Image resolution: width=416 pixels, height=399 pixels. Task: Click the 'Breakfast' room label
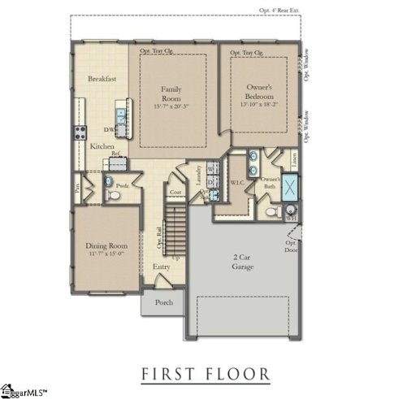pyautogui.click(x=103, y=79)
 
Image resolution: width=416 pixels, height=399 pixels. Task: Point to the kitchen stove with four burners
pyautogui.click(x=80, y=133)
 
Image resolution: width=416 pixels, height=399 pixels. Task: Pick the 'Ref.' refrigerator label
pyautogui.click(x=115, y=154)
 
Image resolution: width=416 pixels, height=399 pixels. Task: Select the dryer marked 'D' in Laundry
pyautogui.click(x=210, y=183)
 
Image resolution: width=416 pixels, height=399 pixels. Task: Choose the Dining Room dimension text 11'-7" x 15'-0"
pyautogui.click(x=105, y=253)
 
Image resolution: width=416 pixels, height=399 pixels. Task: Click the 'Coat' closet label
pyautogui.click(x=175, y=193)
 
